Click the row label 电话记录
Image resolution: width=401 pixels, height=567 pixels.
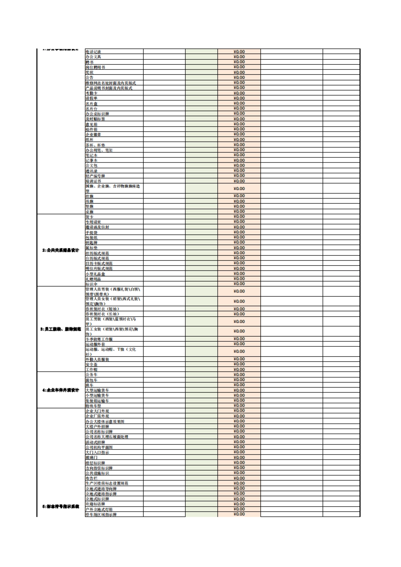pyautogui.click(x=93, y=52)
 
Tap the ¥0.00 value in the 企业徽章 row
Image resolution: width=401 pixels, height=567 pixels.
pyautogui.click(x=239, y=134)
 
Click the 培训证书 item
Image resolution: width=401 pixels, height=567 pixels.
pyautogui.click(x=93, y=181)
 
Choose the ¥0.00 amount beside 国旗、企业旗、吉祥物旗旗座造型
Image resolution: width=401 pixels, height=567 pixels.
pyautogui.click(x=239, y=189)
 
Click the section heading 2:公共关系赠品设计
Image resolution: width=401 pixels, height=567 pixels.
pyautogui.click(x=60, y=250)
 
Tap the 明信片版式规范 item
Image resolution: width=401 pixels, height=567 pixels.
pyautogui.click(x=99, y=268)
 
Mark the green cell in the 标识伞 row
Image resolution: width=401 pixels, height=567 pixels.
pyautogui.click(x=202, y=284)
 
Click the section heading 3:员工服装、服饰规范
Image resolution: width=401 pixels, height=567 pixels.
pyautogui.click(x=60, y=329)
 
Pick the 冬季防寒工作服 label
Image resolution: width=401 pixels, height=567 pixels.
pyautogui.click(x=99, y=339)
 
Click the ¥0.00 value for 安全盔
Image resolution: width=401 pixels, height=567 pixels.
pyautogui.click(x=239, y=364)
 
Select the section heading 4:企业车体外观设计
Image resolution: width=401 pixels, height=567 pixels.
pyautogui.click(x=60, y=390)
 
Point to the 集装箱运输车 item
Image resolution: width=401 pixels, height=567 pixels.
pyautogui.click(x=97, y=401)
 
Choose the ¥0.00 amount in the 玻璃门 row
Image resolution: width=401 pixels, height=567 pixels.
pyautogui.click(x=239, y=457)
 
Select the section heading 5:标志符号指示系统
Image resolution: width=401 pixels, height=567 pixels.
pyautogui.click(x=60, y=507)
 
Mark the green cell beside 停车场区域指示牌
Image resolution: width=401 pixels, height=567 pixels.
pyautogui.click(x=202, y=514)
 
